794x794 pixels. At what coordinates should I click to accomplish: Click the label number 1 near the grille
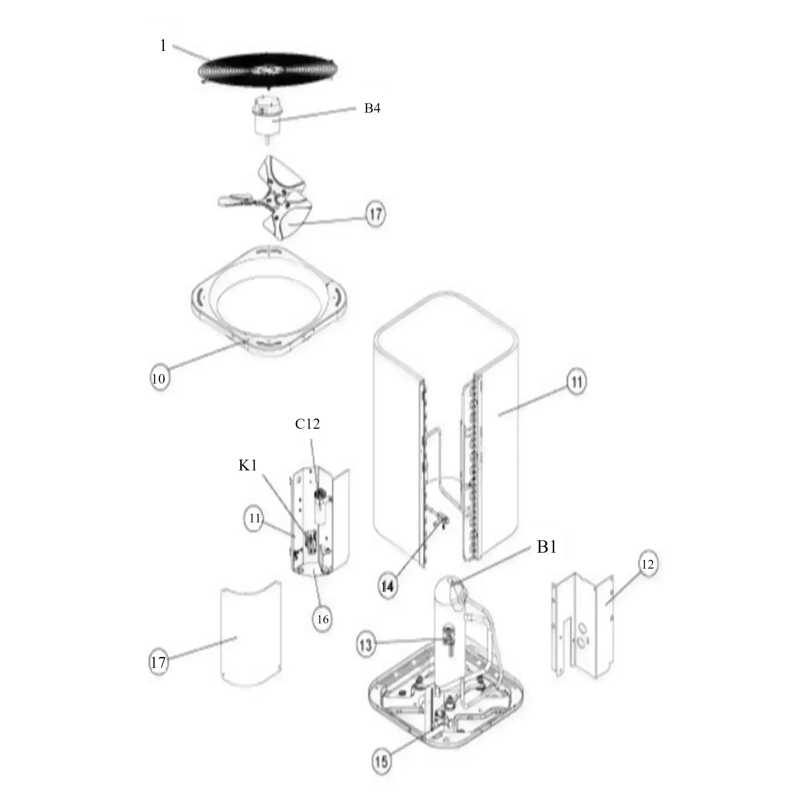(163, 45)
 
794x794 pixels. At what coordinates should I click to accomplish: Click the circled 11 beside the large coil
(577, 382)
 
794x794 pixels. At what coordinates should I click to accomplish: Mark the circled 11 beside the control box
(255, 518)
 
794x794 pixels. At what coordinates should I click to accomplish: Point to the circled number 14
(387, 587)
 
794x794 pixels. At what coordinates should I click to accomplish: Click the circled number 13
(366, 645)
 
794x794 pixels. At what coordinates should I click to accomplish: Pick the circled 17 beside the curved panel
(159, 662)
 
